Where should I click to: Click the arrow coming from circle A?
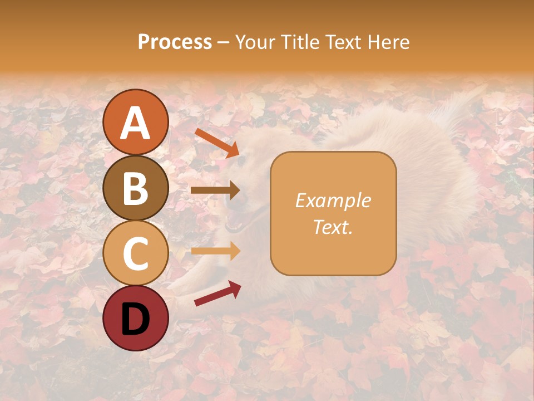click(217, 143)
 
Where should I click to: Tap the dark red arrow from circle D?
click(217, 294)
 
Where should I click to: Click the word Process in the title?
click(175, 42)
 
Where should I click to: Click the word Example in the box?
click(333, 200)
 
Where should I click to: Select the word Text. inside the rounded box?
click(333, 227)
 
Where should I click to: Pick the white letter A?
click(135, 123)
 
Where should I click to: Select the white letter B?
click(135, 188)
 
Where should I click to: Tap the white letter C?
click(135, 253)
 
